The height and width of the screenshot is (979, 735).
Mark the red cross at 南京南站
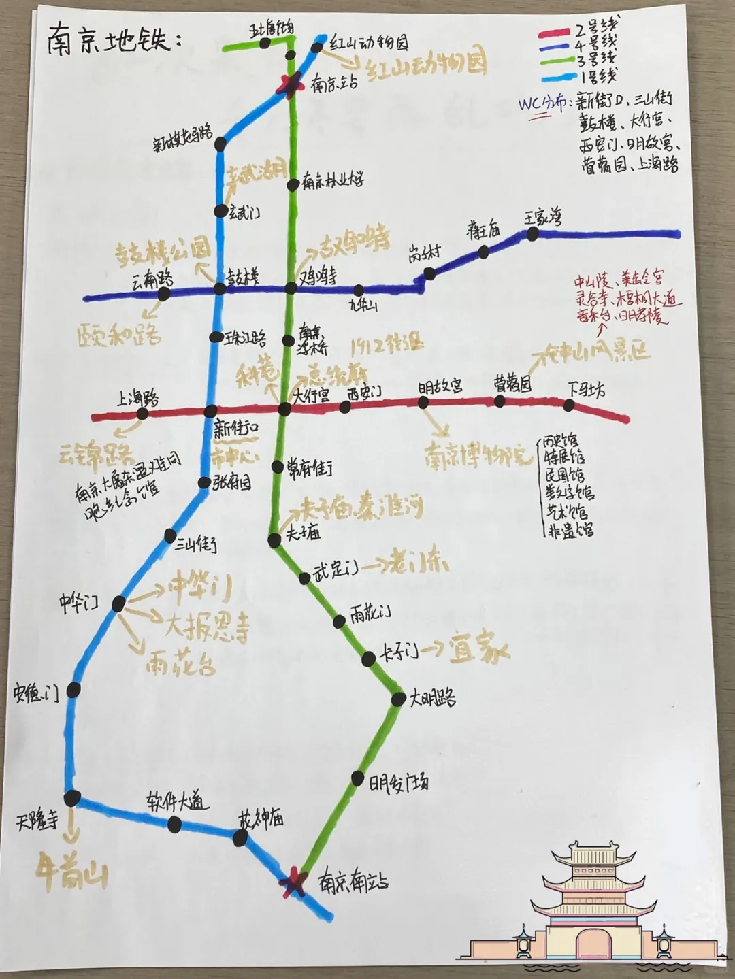[293, 881]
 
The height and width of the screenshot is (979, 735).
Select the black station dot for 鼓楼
[220, 289]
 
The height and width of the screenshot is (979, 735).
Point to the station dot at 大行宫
[284, 409]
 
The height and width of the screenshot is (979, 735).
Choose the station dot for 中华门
[118, 603]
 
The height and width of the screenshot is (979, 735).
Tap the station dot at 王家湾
[533, 234]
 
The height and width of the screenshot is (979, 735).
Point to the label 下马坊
[587, 390]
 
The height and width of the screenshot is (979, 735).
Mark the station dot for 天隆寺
[72, 797]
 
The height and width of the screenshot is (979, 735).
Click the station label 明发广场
[399, 784]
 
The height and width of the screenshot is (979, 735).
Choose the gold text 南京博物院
[476, 454]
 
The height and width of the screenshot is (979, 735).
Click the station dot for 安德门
[73, 690]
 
